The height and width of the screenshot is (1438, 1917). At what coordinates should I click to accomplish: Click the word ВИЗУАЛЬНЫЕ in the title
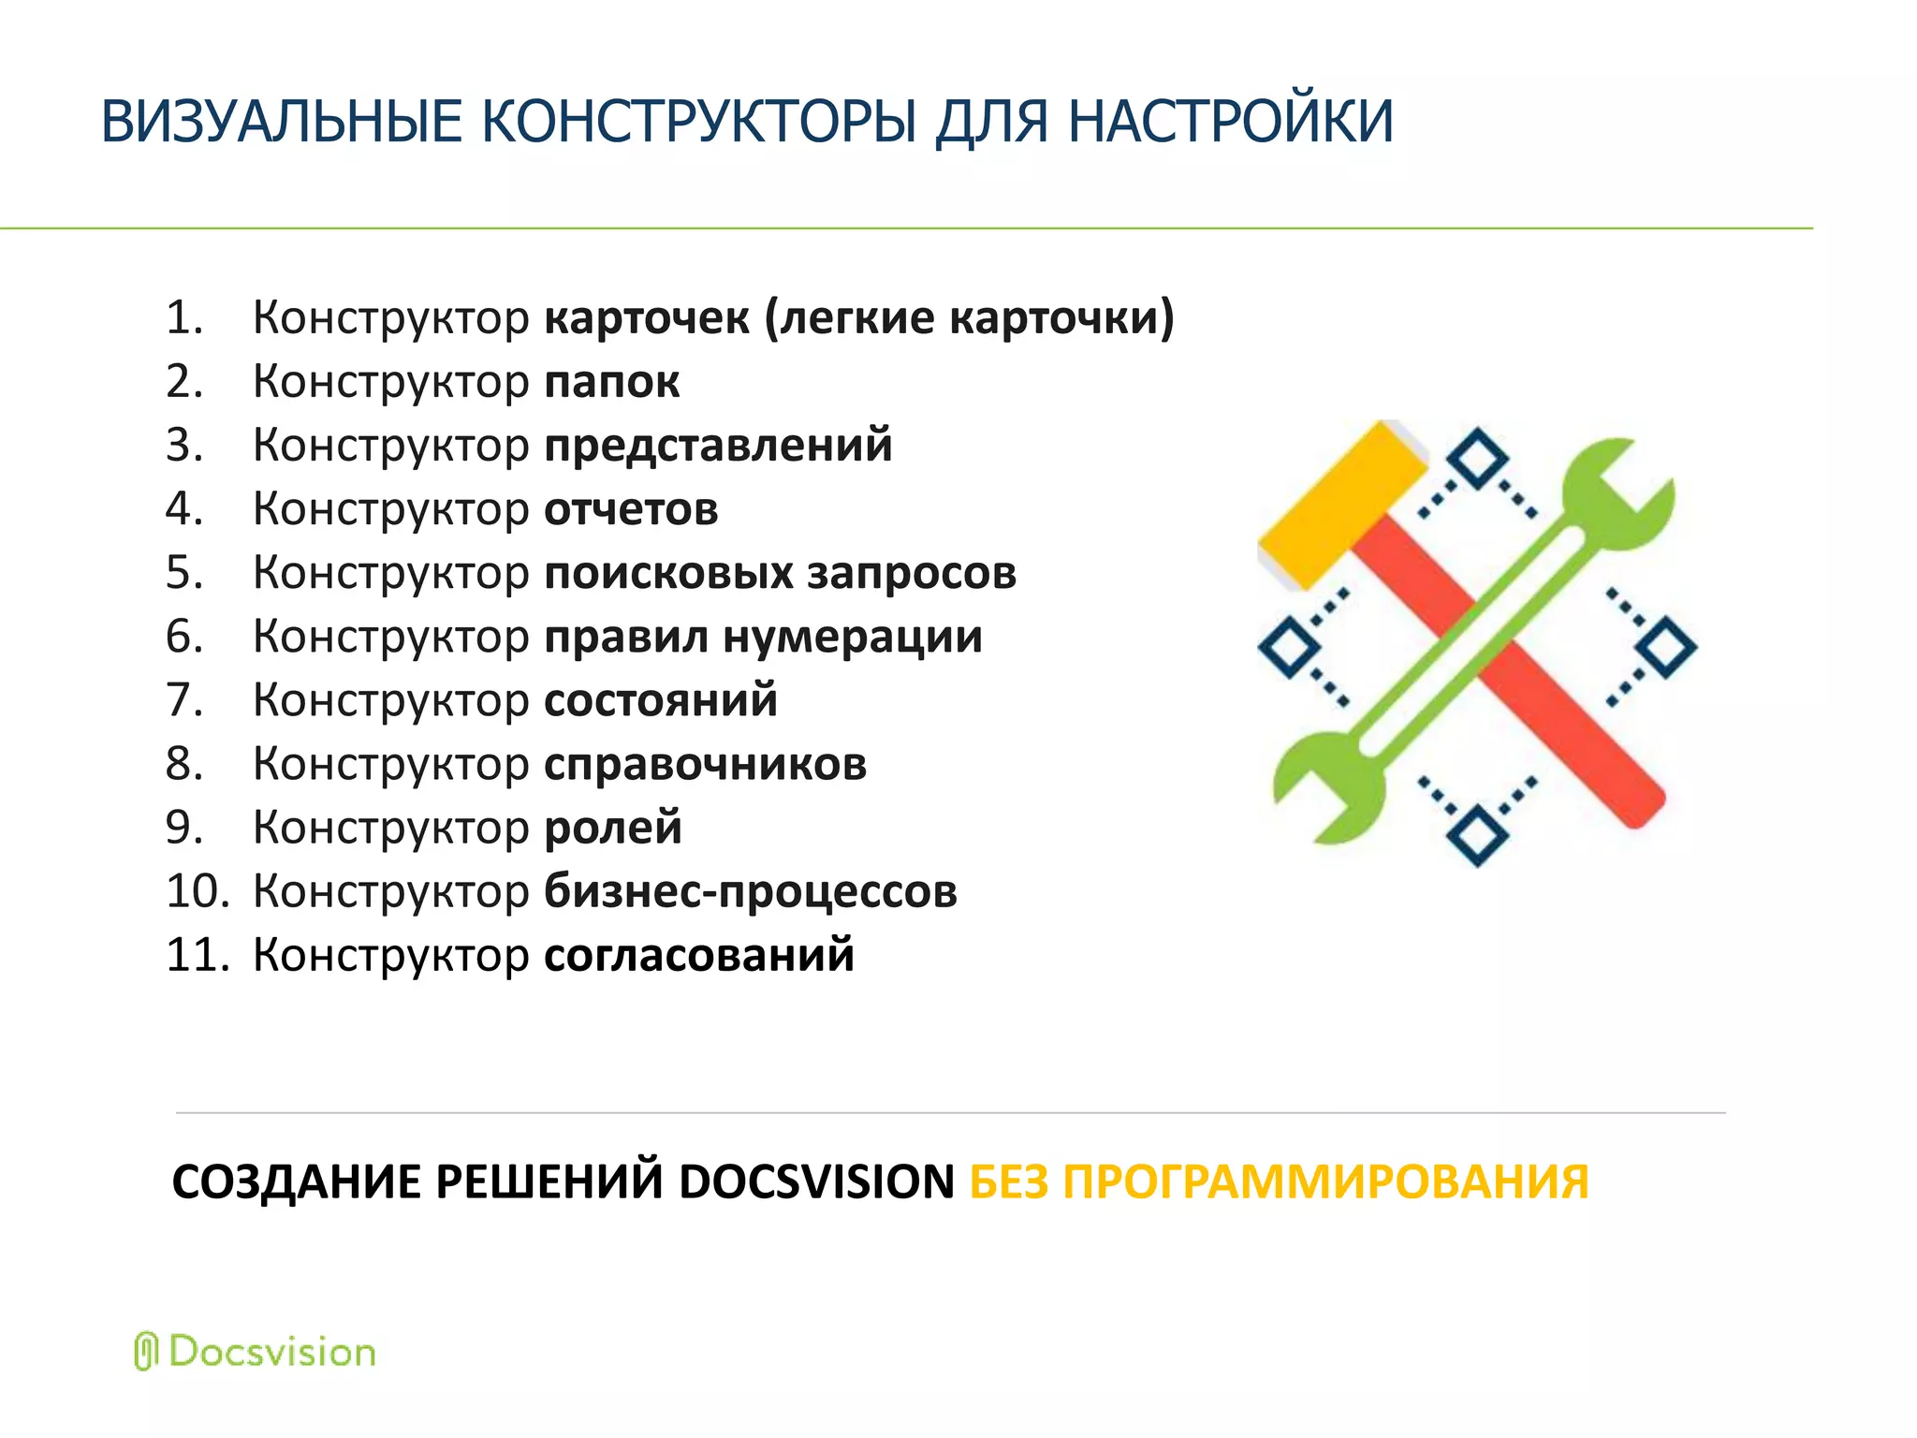(281, 122)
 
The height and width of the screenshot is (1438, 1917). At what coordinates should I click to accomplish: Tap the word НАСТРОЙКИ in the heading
(1230, 122)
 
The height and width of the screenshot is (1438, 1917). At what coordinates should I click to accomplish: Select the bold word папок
(611, 382)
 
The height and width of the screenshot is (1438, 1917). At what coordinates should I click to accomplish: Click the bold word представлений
(718, 446)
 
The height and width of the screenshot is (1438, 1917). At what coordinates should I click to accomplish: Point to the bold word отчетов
(631, 509)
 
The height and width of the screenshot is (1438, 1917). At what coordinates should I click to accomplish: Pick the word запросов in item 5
(911, 573)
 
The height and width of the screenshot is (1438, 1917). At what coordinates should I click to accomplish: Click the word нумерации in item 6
(853, 637)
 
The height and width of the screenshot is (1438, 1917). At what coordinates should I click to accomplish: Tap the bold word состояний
(660, 700)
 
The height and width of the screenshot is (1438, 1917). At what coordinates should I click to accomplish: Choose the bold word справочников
(705, 764)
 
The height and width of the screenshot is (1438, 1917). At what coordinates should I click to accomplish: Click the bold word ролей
(612, 828)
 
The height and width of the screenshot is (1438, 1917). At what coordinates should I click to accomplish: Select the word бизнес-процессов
(750, 891)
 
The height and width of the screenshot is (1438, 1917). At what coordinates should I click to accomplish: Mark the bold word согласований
(698, 955)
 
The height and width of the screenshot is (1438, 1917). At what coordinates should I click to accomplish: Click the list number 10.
(197, 891)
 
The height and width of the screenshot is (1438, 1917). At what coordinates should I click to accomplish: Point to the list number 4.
(183, 509)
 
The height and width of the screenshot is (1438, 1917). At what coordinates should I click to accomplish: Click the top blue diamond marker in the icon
(1477, 459)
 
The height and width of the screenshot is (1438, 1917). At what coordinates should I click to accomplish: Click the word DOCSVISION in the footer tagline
(816, 1181)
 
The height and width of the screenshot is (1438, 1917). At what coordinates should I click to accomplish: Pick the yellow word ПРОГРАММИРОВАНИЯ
(1325, 1181)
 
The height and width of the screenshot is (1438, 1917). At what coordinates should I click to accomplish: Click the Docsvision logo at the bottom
(256, 1352)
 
